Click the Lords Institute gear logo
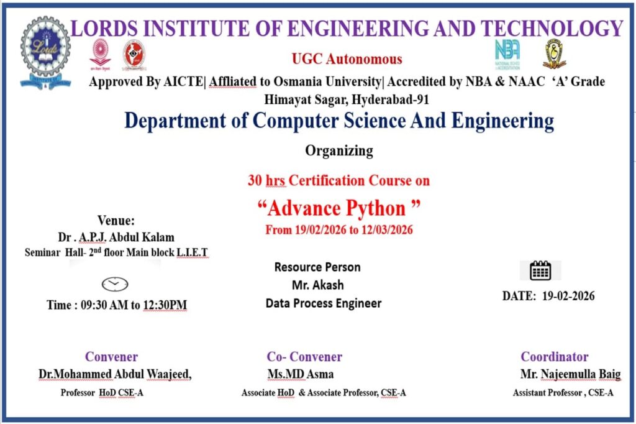tap(45, 52)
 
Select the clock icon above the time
tap(115, 284)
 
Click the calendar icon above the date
tap(540, 270)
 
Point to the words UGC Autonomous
tap(347, 59)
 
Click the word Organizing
tap(339, 151)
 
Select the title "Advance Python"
tap(339, 208)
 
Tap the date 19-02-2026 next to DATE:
tap(568, 296)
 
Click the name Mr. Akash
tap(317, 285)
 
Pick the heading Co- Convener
tap(304, 357)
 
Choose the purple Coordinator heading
tap(555, 357)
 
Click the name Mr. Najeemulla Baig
tap(570, 374)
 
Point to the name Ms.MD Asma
tap(301, 374)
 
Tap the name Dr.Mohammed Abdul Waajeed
tap(115, 374)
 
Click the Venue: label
tap(116, 221)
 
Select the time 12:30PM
tap(165, 305)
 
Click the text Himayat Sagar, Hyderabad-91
tap(347, 99)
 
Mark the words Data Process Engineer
tap(324, 303)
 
